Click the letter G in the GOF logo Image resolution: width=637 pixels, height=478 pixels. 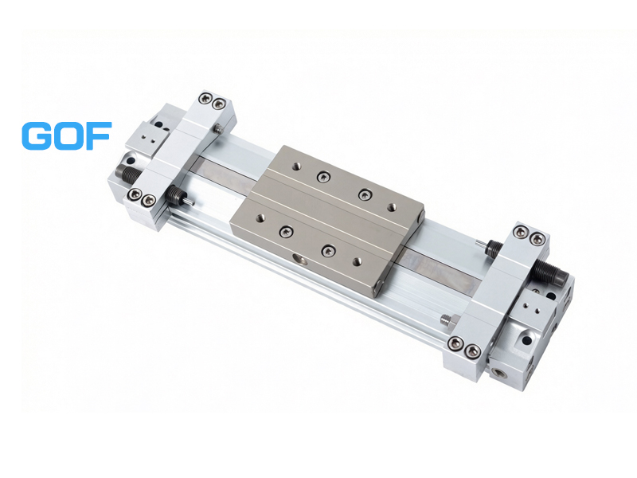(36, 135)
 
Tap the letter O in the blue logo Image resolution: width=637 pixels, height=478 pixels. (67, 135)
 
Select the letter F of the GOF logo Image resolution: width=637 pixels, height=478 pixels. (98, 135)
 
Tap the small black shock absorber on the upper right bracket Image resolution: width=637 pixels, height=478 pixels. (493, 247)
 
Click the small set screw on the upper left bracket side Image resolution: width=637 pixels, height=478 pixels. (218, 129)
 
